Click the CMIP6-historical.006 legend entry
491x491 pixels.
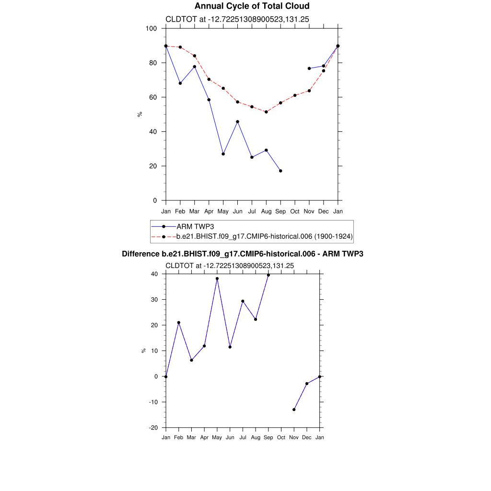pos(264,236)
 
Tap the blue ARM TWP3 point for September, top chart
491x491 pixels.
pos(281,171)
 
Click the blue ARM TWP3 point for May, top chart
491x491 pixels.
pos(223,154)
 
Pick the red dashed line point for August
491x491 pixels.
pos(266,112)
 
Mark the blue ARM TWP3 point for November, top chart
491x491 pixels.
pos(309,69)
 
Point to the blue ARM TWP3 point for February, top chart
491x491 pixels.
pos(180,83)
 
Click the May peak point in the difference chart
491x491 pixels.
pos(217,279)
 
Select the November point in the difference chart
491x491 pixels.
pos(294,409)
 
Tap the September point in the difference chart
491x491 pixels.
pos(269,275)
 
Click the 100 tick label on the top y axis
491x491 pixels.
pos(151,29)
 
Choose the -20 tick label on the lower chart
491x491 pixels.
pos(154,428)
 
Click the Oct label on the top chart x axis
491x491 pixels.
pos(295,211)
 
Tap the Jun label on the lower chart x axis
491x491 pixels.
pos(230,437)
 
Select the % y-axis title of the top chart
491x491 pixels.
pos(140,114)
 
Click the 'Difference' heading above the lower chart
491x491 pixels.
pos(243,254)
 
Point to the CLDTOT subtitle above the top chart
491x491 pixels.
pos(237,20)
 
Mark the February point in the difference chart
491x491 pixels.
pos(179,323)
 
